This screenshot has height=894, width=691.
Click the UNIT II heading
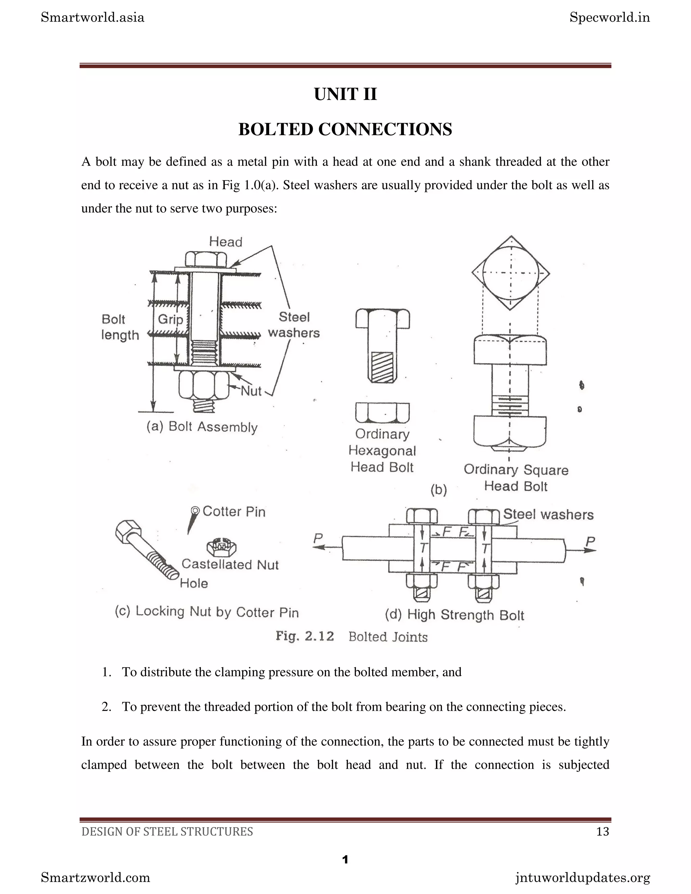tap(345, 94)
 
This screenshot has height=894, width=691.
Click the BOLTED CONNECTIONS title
tap(345, 129)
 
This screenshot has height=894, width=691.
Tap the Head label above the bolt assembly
tap(226, 242)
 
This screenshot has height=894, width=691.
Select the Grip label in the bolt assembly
tap(170, 319)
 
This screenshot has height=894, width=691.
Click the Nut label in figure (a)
tap(251, 391)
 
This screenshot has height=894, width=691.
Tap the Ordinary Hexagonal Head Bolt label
tap(382, 450)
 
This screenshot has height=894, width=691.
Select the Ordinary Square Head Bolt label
tap(516, 478)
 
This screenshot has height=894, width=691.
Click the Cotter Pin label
tap(234, 511)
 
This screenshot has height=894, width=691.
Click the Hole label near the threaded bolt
tap(194, 583)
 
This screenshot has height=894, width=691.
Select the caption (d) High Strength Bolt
tap(454, 615)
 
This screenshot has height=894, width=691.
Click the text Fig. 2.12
tap(305, 636)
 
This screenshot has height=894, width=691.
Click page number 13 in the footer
tap(603, 831)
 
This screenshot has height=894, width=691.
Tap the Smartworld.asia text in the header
tap(92, 18)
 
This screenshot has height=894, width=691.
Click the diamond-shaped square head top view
tap(510, 273)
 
